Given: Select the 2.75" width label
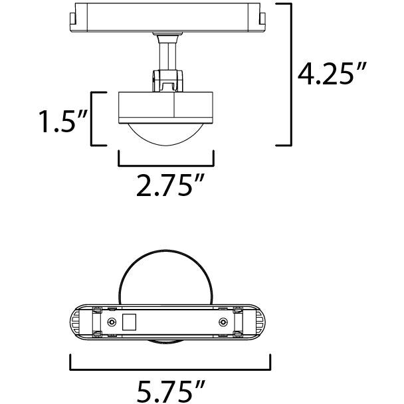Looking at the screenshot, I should point(166,186).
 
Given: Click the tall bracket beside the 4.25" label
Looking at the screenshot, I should point(287,74).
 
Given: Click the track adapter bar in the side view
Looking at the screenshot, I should point(166,20).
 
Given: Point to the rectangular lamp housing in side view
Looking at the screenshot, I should point(166,106).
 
